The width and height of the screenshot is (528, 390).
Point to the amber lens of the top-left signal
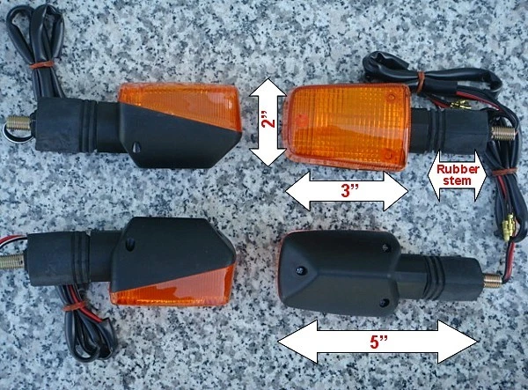pyautogui.click(x=181, y=104)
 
